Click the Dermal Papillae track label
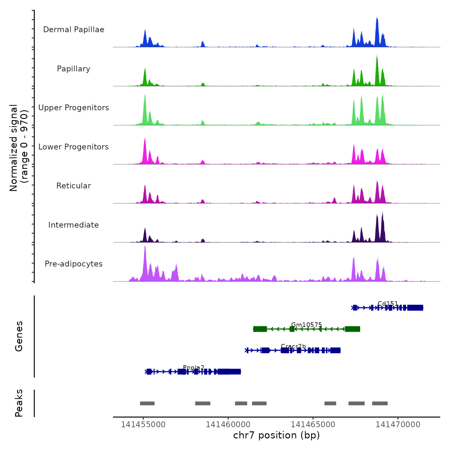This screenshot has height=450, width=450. click(x=74, y=30)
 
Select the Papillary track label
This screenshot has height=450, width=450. click(x=74, y=69)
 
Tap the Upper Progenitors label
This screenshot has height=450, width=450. click(x=74, y=108)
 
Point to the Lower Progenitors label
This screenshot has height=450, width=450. click(x=74, y=147)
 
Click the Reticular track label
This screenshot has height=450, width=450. click(x=74, y=186)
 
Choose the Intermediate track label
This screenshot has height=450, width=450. click(x=74, y=225)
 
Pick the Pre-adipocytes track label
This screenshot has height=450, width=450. click(x=74, y=264)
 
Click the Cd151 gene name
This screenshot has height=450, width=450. click(x=388, y=303)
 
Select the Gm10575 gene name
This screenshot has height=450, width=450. click(x=306, y=325)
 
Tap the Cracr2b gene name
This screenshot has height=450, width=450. click(x=293, y=346)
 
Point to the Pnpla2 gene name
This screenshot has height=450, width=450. click(x=194, y=367)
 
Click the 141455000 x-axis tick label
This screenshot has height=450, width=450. click(x=143, y=425)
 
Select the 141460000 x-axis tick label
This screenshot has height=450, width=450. click(x=228, y=425)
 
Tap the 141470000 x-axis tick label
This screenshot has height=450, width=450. click(x=398, y=425)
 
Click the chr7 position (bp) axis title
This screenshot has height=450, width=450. click(x=276, y=435)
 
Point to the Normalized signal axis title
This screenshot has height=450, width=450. click(x=19, y=148)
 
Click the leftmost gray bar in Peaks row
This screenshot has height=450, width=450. click(x=147, y=403)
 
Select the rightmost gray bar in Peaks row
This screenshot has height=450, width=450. click(x=380, y=403)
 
